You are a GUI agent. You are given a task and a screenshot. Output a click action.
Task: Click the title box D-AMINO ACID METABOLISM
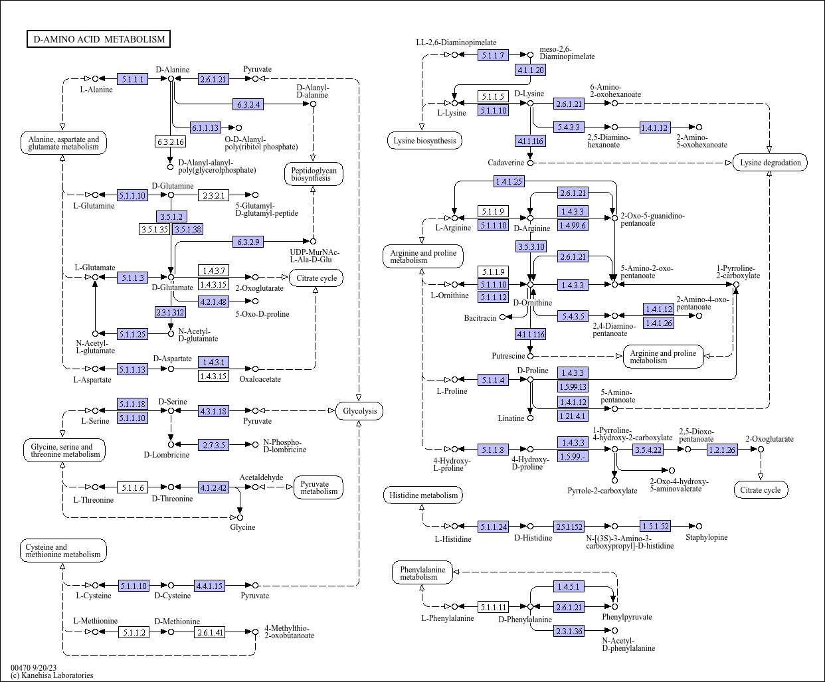click(x=98, y=39)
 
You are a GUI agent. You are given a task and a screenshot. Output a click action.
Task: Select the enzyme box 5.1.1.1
click(x=132, y=79)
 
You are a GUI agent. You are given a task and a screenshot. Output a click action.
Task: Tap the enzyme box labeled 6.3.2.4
click(x=248, y=104)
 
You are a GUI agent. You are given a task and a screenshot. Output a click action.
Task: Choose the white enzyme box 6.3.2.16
click(x=170, y=141)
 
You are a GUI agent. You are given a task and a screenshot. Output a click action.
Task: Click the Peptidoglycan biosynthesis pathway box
click(x=314, y=174)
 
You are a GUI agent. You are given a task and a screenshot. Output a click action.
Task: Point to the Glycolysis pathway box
click(x=359, y=411)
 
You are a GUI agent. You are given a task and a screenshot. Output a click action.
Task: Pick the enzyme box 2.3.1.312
click(x=170, y=313)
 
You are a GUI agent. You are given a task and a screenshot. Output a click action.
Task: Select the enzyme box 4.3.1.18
click(x=213, y=411)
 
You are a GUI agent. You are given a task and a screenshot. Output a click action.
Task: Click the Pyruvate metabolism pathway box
click(x=318, y=487)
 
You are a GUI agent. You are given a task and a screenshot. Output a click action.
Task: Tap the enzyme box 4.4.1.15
click(x=209, y=586)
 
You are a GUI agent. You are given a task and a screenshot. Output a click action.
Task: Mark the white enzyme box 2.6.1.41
click(x=209, y=632)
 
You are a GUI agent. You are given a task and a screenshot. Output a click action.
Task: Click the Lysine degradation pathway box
click(x=770, y=163)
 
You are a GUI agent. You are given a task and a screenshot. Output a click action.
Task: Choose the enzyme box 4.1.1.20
click(x=530, y=70)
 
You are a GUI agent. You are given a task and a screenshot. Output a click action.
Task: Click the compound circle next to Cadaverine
click(x=530, y=163)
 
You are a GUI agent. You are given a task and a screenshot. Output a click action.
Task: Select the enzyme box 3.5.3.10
click(x=531, y=246)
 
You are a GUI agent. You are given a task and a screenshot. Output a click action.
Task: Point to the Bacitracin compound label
click(x=480, y=317)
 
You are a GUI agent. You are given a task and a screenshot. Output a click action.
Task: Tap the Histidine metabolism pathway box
click(x=422, y=495)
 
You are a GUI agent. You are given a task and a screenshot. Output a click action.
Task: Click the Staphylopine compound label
click(x=707, y=537)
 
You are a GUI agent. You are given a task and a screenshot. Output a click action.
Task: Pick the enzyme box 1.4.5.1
click(x=569, y=586)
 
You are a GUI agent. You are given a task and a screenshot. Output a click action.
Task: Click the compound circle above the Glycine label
click(x=240, y=517)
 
